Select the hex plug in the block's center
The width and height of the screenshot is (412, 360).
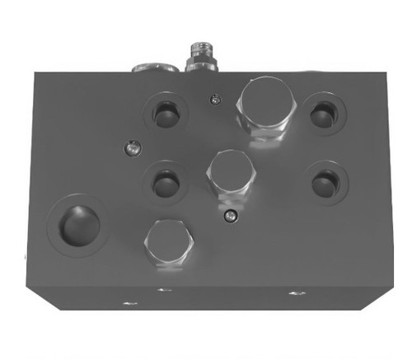[228, 172]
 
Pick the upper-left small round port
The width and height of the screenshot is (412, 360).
[166, 114]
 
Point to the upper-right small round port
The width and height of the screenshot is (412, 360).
[321, 114]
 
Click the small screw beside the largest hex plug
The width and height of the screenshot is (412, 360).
[214, 101]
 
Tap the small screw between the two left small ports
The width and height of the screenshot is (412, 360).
[129, 148]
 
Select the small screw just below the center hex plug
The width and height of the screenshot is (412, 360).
[232, 217]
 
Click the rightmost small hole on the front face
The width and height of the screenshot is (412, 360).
[294, 292]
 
